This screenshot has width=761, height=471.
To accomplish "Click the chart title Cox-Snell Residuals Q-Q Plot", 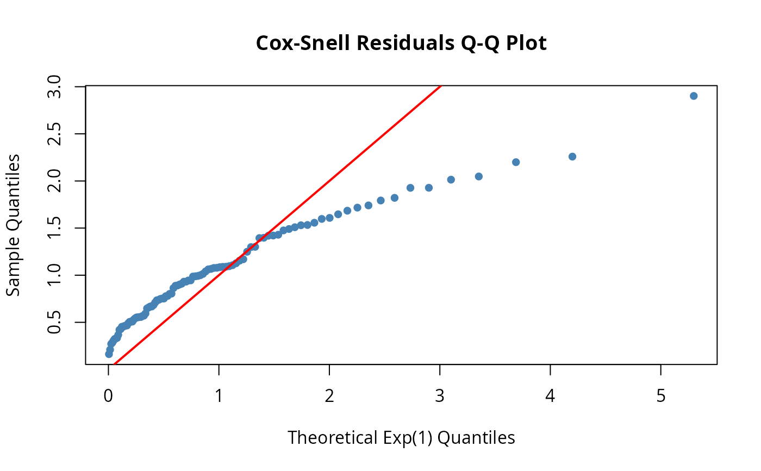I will (401, 44).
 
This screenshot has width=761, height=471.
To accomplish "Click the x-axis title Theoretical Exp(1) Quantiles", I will (401, 437).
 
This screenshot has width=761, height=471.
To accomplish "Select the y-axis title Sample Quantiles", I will (14, 225).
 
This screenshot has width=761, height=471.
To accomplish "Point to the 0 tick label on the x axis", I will (109, 396).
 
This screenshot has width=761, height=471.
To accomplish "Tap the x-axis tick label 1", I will (219, 396).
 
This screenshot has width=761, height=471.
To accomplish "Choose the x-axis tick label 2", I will (329, 396).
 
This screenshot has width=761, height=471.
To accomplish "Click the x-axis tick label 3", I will (440, 396).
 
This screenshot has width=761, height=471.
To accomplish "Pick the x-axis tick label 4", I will (551, 396).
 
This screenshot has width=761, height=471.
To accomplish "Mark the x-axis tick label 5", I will (661, 396).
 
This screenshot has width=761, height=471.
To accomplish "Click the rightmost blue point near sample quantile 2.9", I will (694, 96).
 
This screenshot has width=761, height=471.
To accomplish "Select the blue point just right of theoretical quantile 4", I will (572, 157).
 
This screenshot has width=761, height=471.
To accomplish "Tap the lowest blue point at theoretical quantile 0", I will (109, 354).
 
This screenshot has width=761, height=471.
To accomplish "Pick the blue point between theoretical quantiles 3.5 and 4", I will (516, 162).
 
